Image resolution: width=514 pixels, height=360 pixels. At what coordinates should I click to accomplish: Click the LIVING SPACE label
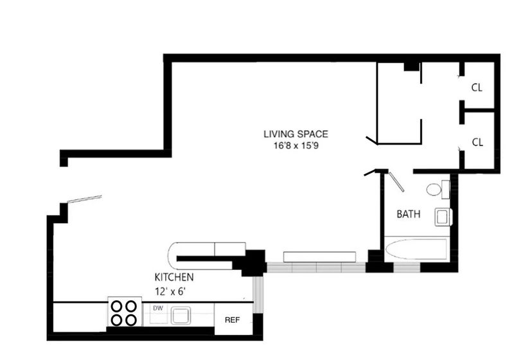tap(296, 134)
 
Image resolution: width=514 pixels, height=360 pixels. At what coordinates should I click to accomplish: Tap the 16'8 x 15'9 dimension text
tap(296, 145)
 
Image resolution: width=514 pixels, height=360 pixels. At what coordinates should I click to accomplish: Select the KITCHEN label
tap(173, 277)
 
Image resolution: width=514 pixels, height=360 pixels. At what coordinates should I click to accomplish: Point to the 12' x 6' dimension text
tap(170, 291)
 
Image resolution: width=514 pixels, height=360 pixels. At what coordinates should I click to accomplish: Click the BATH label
tap(409, 214)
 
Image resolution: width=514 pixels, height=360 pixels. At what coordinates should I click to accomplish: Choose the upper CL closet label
tap(477, 88)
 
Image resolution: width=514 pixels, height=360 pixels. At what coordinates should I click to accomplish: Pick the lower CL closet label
tap(477, 142)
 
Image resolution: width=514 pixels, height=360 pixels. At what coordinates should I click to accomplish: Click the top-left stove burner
tap(117, 306)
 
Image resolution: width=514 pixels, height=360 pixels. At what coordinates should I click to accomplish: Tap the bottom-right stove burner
tap(131, 319)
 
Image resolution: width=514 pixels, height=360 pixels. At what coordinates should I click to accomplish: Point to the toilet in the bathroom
tap(438, 189)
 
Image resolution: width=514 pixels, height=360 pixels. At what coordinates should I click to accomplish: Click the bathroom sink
tap(443, 217)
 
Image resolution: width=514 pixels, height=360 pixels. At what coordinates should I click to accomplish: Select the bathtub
tap(416, 249)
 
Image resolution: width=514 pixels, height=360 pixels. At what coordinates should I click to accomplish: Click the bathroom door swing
tap(396, 181)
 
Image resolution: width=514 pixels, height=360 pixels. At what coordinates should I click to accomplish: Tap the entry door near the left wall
tap(85, 199)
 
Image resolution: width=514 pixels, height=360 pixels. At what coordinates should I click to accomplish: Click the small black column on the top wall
tap(411, 67)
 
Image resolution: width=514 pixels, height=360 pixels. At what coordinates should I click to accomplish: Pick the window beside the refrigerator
tap(258, 294)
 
